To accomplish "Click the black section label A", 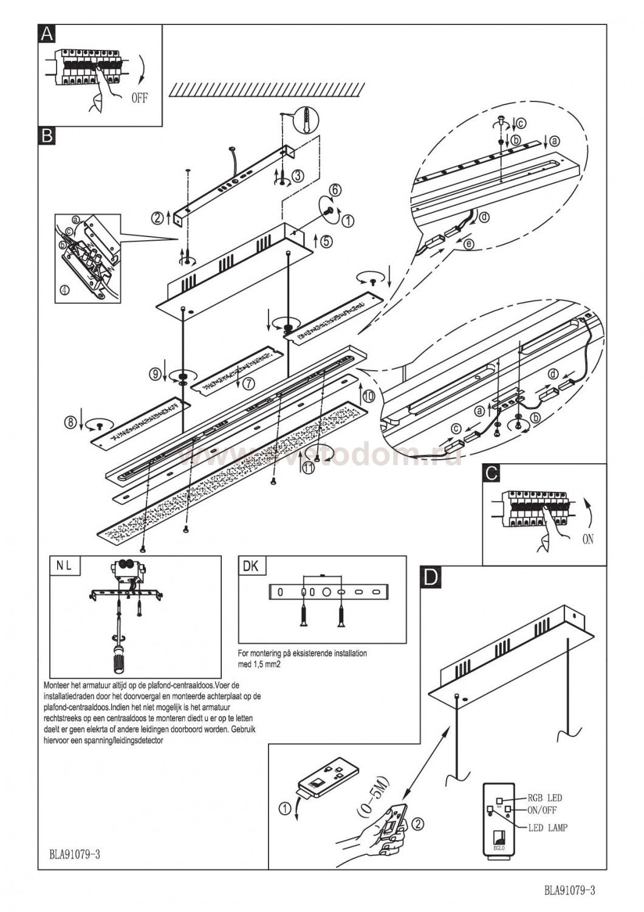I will click(x=46, y=33).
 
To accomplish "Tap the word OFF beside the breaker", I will click(x=139, y=97).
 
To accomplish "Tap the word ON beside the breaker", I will click(x=588, y=539).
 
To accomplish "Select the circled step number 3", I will click(x=297, y=176).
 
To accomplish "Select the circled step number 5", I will click(x=326, y=241).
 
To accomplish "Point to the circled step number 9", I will click(x=155, y=372).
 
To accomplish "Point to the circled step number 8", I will click(x=72, y=420).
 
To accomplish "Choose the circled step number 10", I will click(x=369, y=396).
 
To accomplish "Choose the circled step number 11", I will click(x=309, y=468).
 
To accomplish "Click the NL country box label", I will click(x=64, y=565).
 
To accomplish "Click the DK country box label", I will click(x=250, y=566).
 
